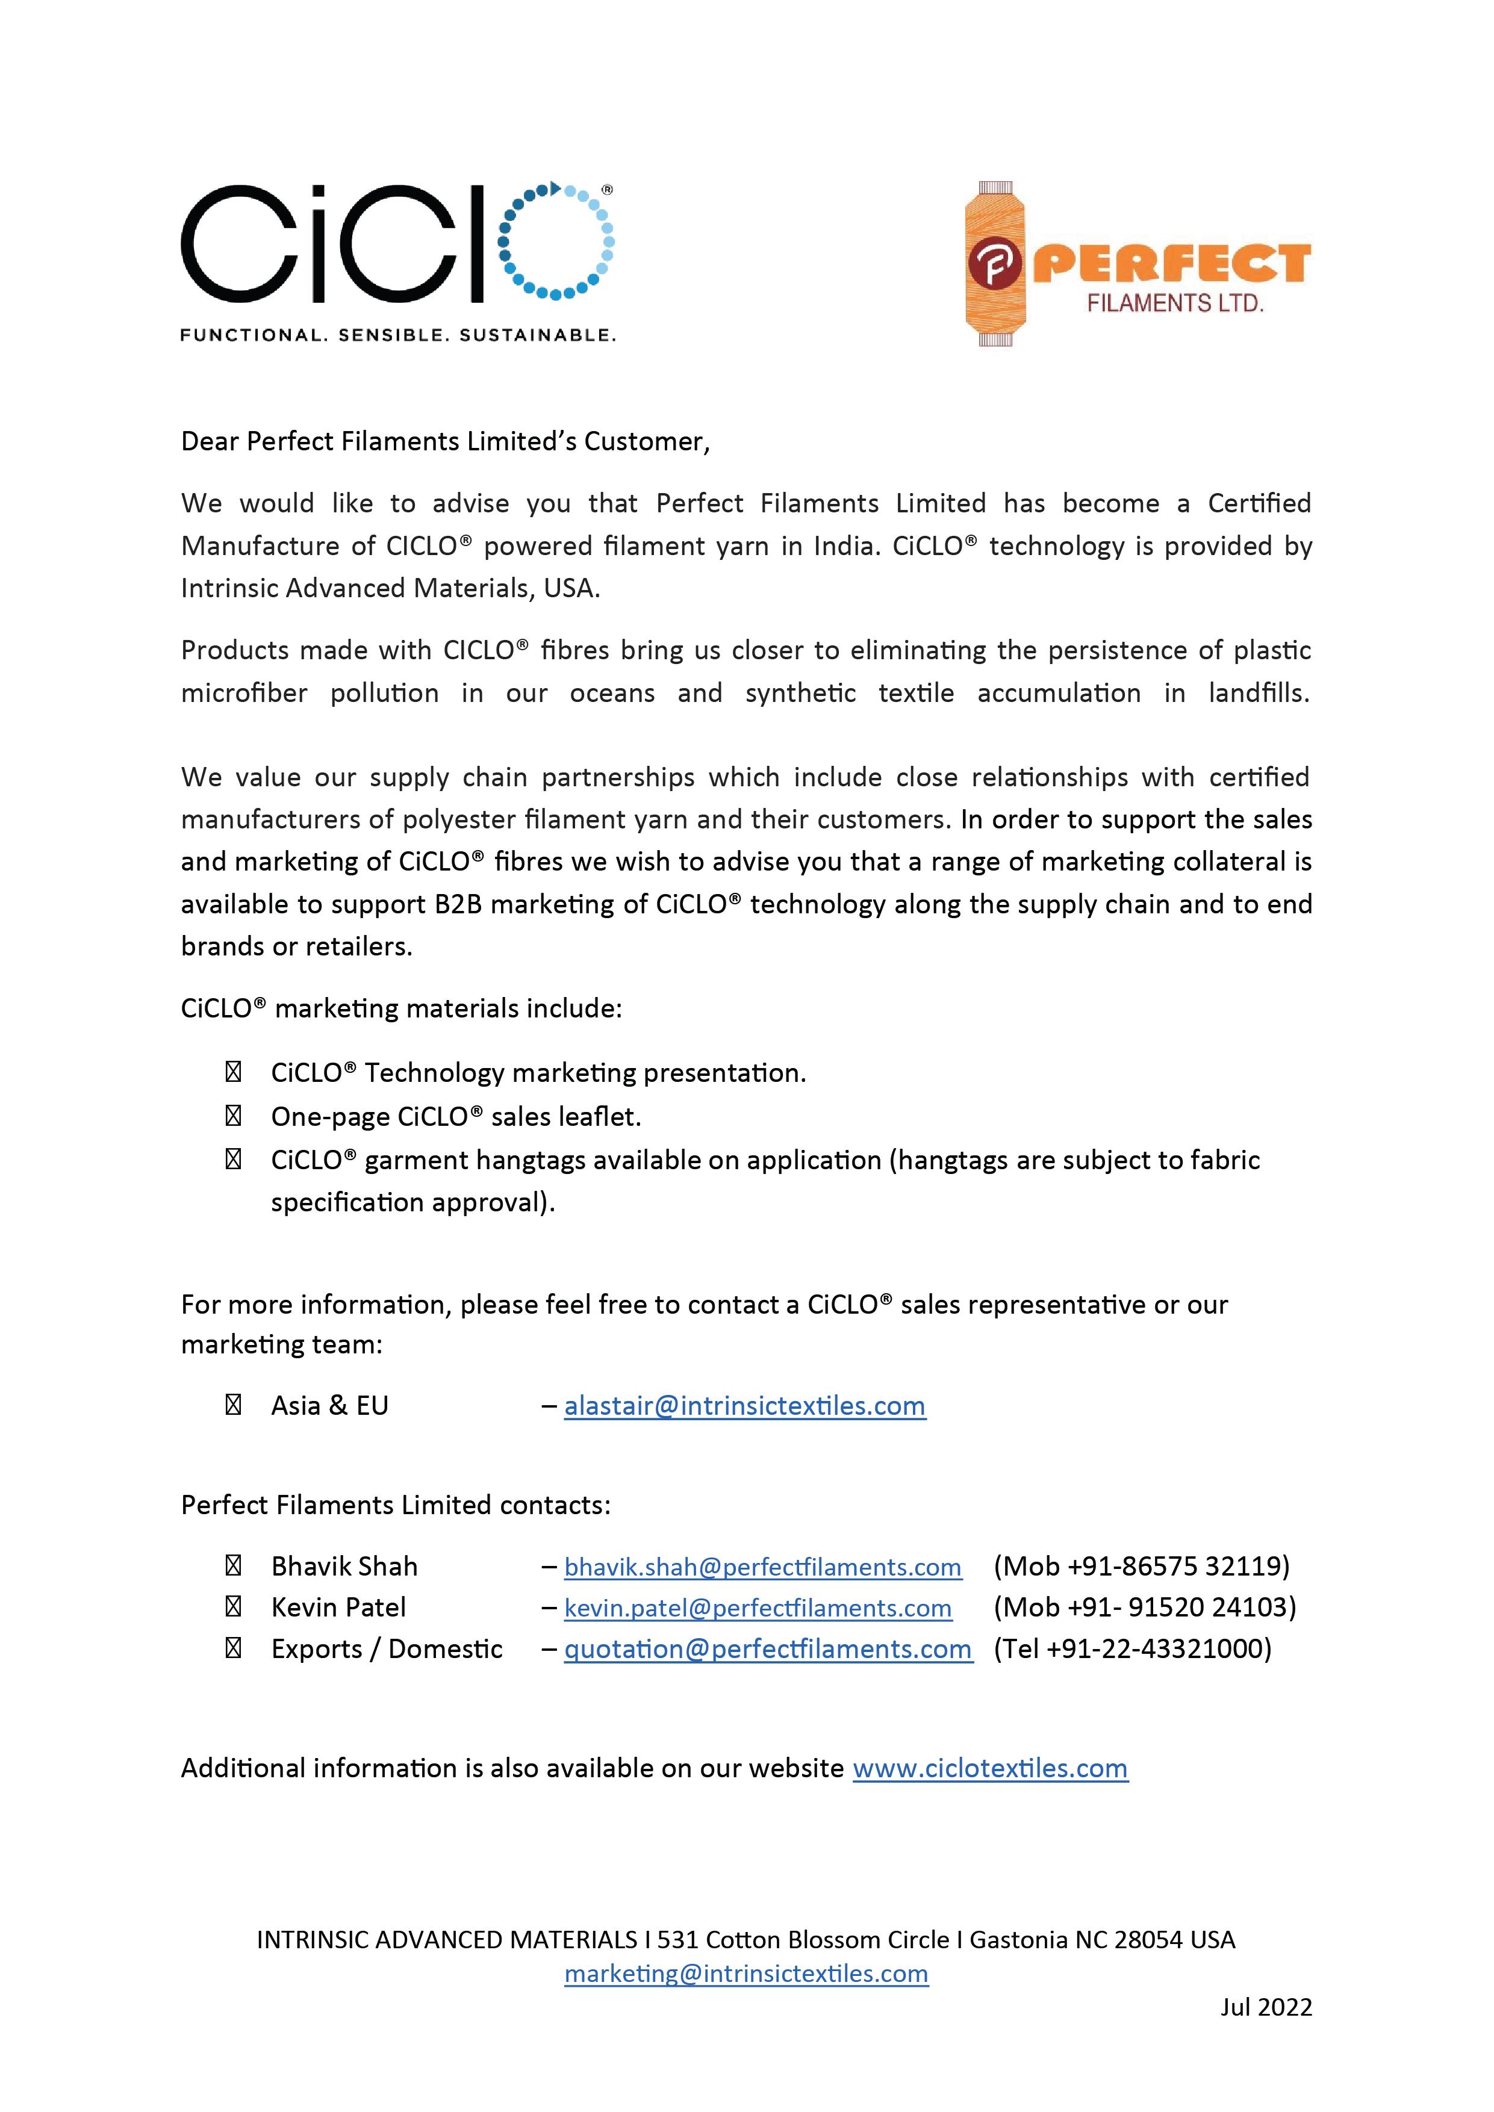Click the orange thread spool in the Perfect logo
(x=994, y=264)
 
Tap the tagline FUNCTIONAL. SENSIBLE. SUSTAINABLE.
(x=397, y=335)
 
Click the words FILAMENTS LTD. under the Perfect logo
(x=1175, y=303)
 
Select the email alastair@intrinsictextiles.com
(x=744, y=1406)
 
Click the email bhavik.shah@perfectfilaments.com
(x=762, y=1567)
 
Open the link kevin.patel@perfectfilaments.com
(x=757, y=1608)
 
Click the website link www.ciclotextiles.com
(x=990, y=1768)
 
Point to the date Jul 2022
(x=1266, y=2007)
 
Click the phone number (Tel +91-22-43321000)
(x=1133, y=1648)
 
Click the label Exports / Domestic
(x=387, y=1648)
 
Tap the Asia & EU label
(x=329, y=1406)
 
